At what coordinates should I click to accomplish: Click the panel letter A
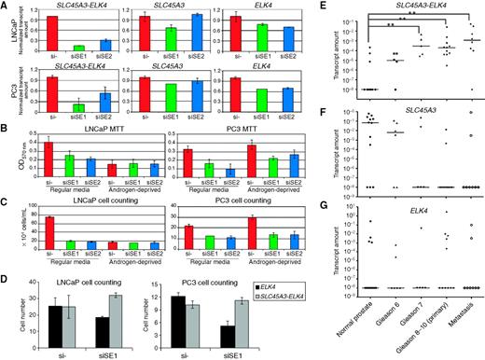coord(5,6)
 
